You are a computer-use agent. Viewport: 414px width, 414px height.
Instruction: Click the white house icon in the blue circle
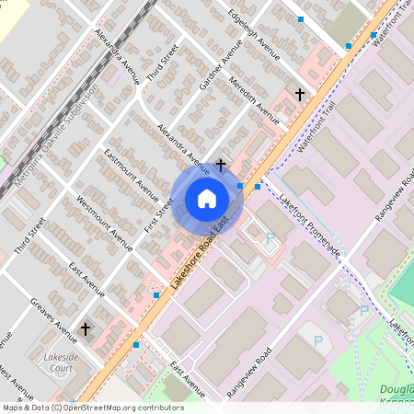click(207, 199)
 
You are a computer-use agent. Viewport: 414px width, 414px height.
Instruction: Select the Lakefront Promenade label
click(310, 226)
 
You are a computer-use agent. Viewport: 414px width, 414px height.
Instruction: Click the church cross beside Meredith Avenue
click(298, 94)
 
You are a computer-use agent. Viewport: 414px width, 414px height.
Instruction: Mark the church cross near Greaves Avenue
click(86, 328)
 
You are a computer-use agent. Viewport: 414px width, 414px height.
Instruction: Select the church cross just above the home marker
click(221, 166)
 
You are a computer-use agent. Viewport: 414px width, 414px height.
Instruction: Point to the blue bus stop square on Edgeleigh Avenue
click(300, 18)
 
